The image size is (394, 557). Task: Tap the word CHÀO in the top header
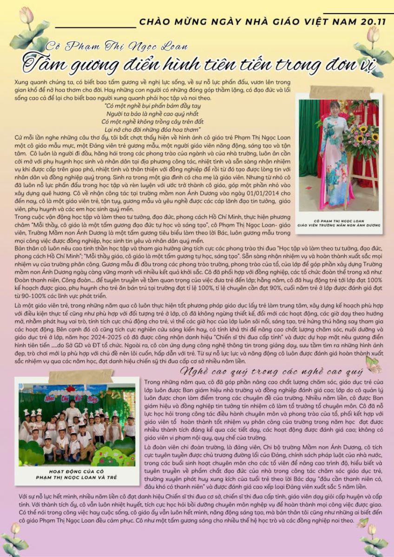tap(154, 21)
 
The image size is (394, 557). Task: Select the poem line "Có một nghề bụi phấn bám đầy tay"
tap(147, 105)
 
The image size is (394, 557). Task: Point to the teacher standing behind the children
tap(72, 408)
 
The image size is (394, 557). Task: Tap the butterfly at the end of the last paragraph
tap(361, 522)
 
